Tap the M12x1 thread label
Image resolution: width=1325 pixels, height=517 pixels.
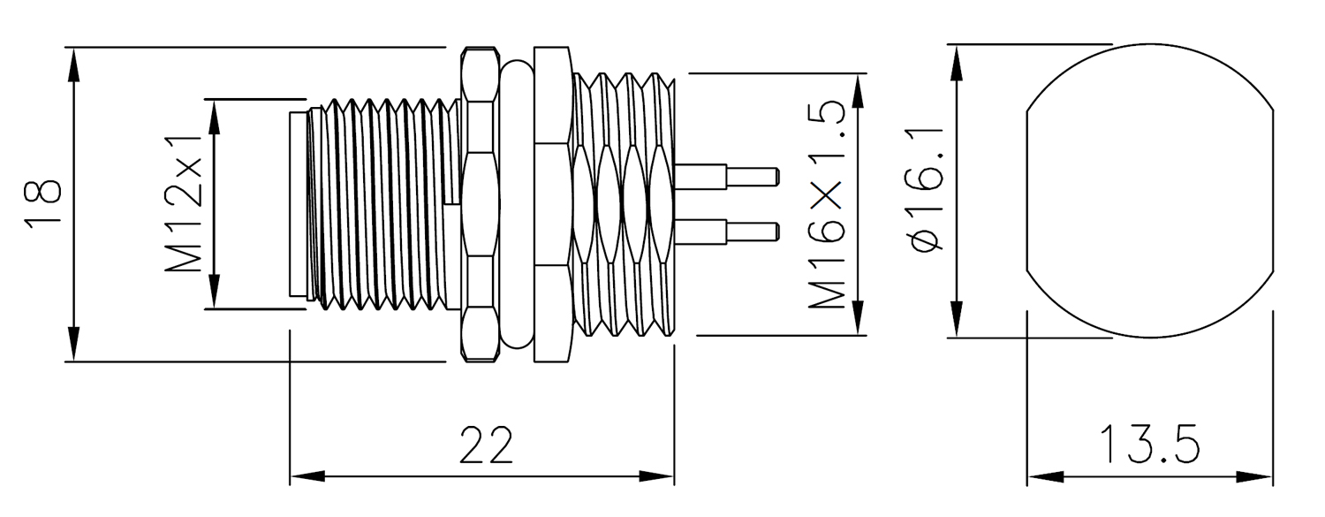[x=184, y=203]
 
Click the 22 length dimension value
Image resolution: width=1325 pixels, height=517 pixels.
[x=486, y=445]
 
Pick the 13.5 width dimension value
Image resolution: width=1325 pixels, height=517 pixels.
[x=1150, y=444]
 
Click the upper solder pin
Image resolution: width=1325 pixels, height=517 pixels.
[x=726, y=177]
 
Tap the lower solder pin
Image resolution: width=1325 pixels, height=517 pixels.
[x=726, y=232]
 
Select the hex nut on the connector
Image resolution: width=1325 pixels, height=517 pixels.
[x=480, y=204]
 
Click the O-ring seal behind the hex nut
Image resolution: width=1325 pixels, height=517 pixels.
[x=517, y=204]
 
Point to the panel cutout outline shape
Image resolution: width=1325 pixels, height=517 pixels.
[x=1150, y=191]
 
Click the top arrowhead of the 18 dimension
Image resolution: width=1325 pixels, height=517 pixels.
[x=73, y=65]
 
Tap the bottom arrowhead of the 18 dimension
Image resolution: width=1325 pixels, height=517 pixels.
[x=73, y=344]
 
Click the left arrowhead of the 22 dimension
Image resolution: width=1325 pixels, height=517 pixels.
[x=307, y=476]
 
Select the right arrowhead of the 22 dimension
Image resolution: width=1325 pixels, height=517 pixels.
[x=656, y=476]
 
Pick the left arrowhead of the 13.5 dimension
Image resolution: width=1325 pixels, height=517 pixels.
[x=1045, y=476]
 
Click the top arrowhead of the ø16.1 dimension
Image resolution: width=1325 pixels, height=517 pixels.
[x=956, y=62]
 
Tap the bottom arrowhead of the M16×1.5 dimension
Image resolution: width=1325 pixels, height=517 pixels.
[x=858, y=317]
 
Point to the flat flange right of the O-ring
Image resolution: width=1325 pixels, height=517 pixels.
[x=553, y=204]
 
